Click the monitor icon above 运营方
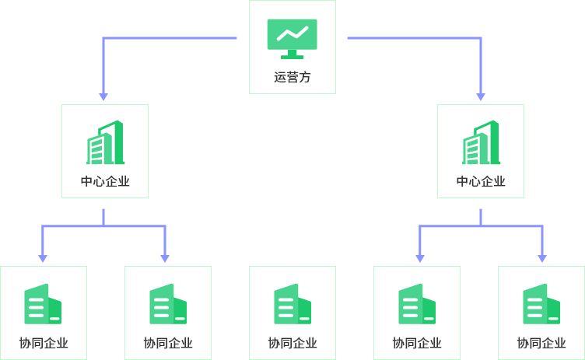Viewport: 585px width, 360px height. tap(292, 38)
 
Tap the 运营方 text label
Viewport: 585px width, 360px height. tap(292, 77)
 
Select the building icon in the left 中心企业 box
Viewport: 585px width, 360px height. tap(105, 142)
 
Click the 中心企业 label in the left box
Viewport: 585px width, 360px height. tap(105, 182)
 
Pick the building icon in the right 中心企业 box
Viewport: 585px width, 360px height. tap(481, 142)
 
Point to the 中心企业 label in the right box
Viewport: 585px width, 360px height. tap(481, 182)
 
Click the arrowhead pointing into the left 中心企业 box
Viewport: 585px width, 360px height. tap(103, 96)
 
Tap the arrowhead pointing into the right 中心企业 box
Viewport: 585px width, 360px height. tap(481, 96)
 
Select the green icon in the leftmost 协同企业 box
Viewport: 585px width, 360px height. tap(43, 304)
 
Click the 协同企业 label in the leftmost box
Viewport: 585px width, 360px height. tap(44, 343)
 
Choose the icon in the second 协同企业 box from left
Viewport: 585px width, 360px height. tap(168, 304)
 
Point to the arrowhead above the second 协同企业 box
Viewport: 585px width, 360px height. tap(165, 257)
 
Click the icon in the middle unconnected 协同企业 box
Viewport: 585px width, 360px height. tap(292, 304)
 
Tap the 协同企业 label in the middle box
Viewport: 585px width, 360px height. tap(292, 343)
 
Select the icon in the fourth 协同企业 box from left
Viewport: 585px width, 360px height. tap(417, 304)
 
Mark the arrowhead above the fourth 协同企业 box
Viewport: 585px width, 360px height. tap(420, 257)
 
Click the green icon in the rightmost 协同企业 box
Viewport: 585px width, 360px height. tap(541, 304)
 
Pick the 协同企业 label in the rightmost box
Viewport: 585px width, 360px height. tap(541, 343)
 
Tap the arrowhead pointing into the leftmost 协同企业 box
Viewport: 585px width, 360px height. tap(43, 257)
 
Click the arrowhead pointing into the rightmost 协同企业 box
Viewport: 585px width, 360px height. tap(542, 257)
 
